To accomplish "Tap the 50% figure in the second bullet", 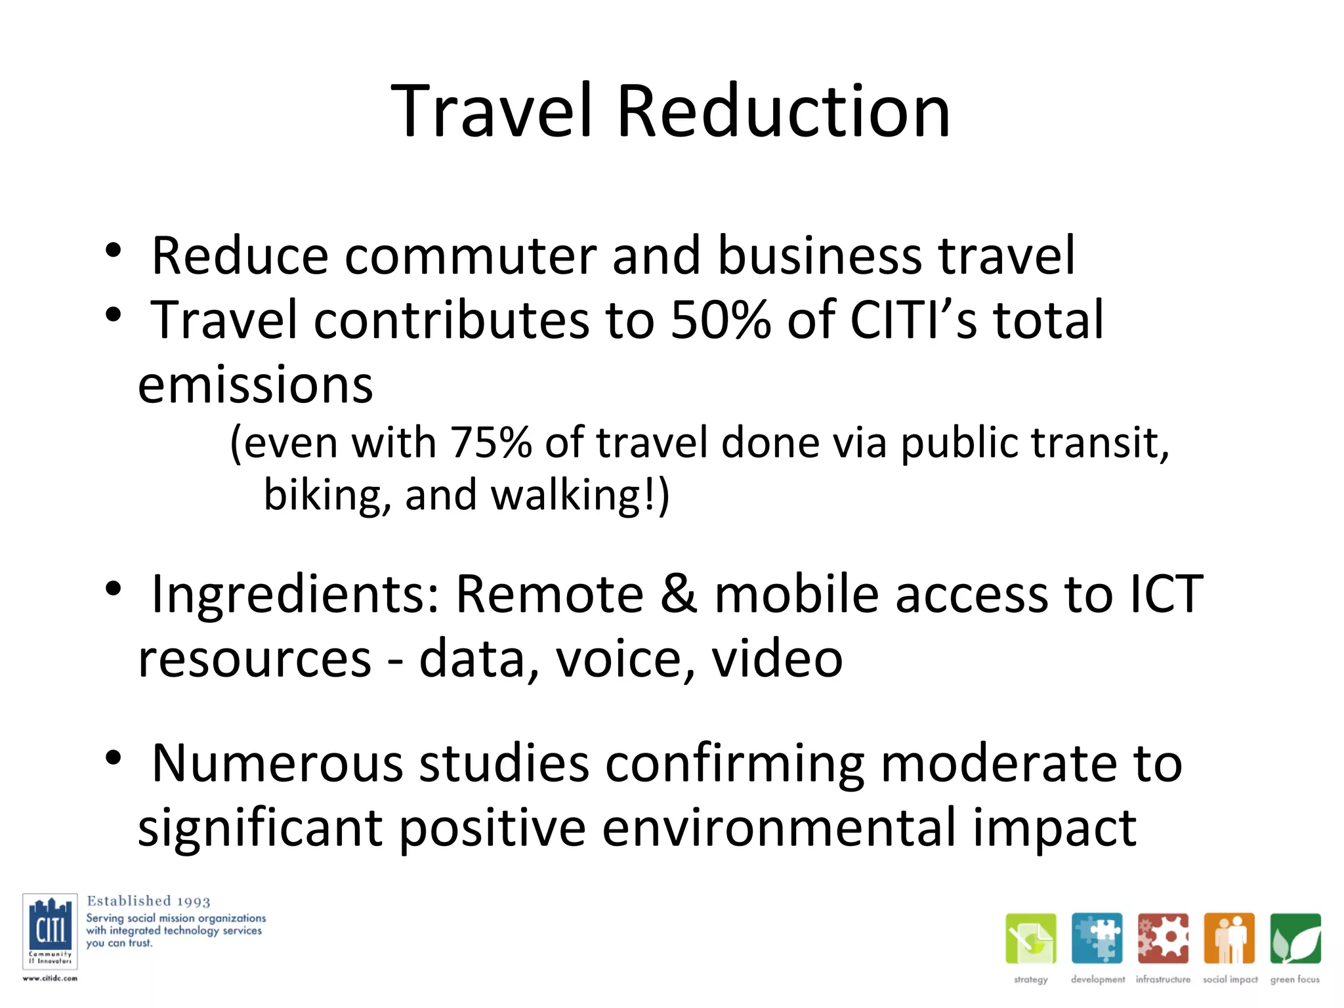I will point(720,320).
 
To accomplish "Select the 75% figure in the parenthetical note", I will point(490,442).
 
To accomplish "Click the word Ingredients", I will point(295,595).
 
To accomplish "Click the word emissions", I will point(255,385).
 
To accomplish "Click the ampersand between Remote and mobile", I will point(679,595).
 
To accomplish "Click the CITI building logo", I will point(50,931).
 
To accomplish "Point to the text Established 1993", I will point(148,901).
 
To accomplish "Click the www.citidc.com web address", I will point(50,978).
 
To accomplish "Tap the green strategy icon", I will point(1030,938).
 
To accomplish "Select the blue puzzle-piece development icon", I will point(1097,938).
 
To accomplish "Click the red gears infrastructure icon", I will point(1163,938).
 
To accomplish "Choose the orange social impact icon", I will point(1229,938).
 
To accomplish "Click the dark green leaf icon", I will point(1295,938).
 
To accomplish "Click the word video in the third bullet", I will point(777,659).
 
